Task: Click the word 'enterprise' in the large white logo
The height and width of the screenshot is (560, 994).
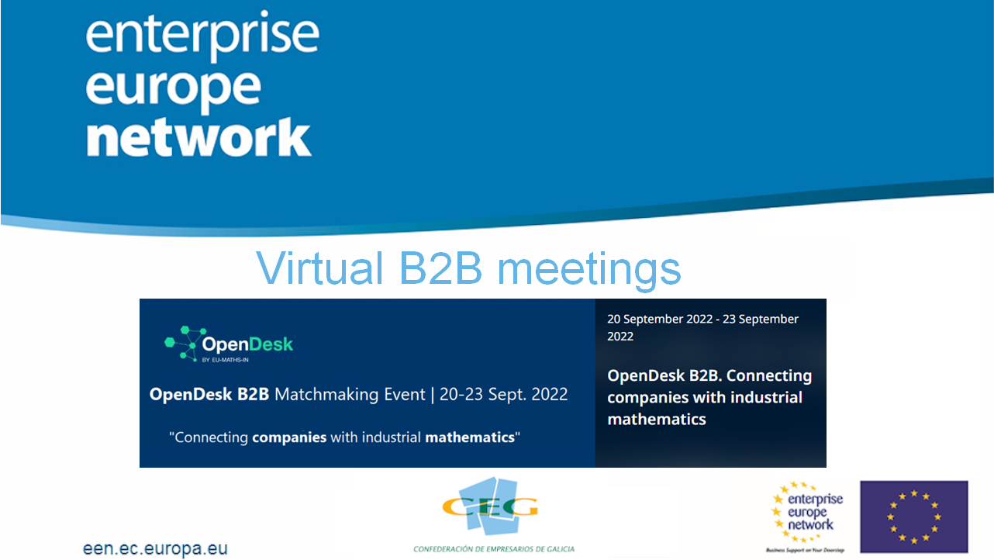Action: (x=202, y=36)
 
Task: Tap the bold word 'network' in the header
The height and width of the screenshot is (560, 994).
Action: (x=198, y=137)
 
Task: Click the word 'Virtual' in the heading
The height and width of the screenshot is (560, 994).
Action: (x=319, y=268)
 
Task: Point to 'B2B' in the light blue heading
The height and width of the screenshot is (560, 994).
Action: (x=440, y=268)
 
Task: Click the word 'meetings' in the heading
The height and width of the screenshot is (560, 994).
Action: (x=588, y=270)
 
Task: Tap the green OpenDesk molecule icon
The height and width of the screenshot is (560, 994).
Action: (x=185, y=344)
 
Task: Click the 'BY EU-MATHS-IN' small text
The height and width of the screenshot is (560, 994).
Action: (x=225, y=360)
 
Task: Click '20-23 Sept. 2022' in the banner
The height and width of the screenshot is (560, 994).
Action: (x=504, y=394)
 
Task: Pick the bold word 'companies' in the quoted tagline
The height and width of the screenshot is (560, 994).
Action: (x=289, y=437)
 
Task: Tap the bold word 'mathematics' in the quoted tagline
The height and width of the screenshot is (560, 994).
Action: (x=470, y=437)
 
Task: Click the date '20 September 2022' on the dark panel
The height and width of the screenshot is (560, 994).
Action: (x=660, y=319)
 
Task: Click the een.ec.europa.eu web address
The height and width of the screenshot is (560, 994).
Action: (x=155, y=549)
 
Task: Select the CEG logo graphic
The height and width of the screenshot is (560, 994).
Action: (x=490, y=506)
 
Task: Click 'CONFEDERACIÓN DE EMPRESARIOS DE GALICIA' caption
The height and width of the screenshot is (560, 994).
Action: (x=494, y=549)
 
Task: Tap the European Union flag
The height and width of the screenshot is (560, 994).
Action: (x=914, y=517)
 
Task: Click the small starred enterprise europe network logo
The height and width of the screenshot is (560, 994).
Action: (x=806, y=513)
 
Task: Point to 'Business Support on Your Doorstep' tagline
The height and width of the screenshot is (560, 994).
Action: (x=806, y=550)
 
